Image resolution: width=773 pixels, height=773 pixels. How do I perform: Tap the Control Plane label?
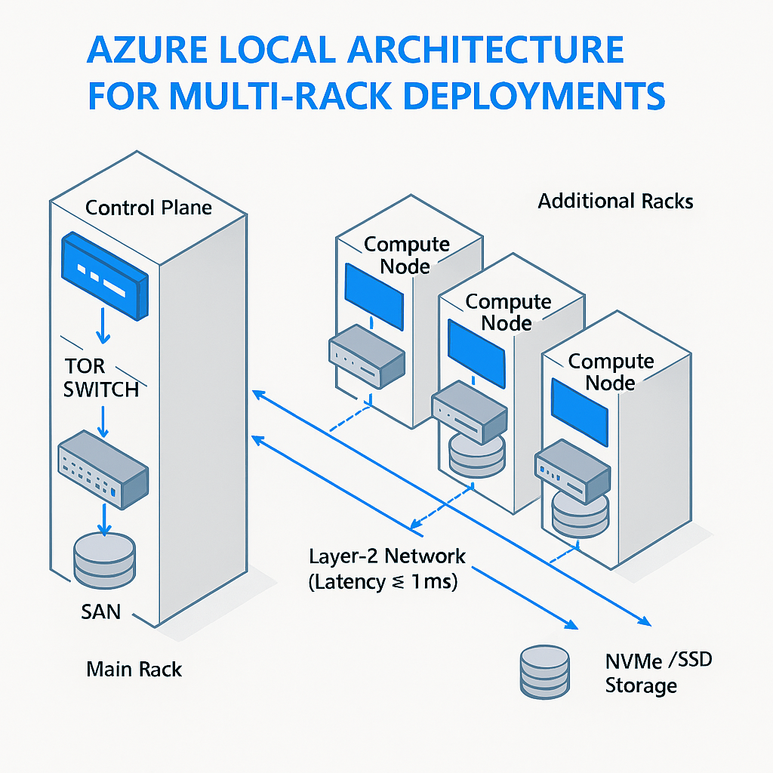(149, 208)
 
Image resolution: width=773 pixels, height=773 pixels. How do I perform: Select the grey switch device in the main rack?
(103, 467)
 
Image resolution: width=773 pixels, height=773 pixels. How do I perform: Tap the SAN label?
(100, 611)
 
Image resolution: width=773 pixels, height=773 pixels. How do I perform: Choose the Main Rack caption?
(134, 669)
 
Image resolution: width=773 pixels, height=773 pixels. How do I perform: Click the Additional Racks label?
(615, 202)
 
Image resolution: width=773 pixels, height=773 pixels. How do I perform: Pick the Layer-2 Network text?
(387, 557)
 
